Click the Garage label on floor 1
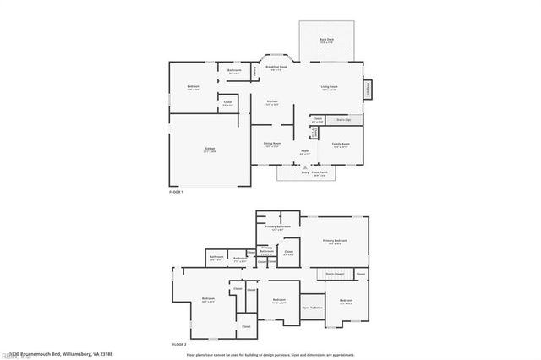(209, 150)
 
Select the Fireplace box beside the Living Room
(369, 87)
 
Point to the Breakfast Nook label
(277, 68)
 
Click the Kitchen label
(272, 102)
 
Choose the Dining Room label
(271, 145)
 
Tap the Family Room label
(341, 145)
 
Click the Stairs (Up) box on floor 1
(344, 120)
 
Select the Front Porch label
(320, 172)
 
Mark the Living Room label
(329, 87)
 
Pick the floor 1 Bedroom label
(194, 87)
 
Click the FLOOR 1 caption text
(177, 193)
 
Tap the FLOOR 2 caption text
(178, 345)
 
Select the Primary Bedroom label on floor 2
(336, 242)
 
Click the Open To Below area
(312, 308)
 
